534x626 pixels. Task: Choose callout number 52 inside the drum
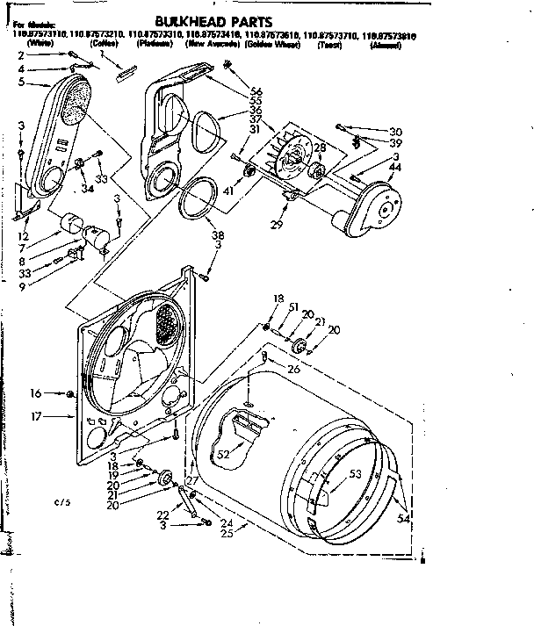click(223, 454)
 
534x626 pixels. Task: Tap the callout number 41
click(228, 190)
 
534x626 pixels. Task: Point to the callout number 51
click(292, 306)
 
